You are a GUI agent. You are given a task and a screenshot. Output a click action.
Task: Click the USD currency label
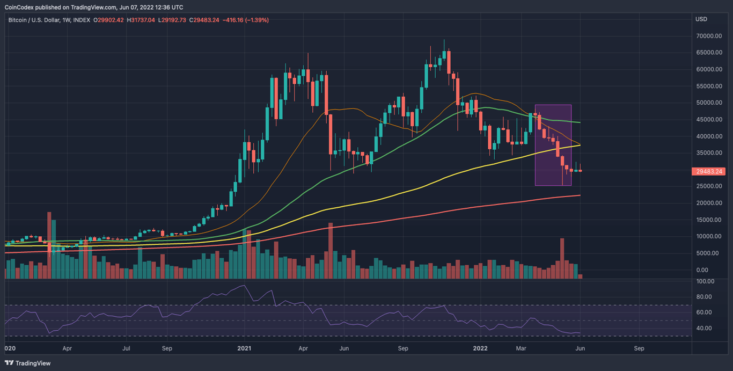click(701, 19)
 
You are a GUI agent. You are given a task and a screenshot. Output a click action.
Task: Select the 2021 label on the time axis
click(245, 348)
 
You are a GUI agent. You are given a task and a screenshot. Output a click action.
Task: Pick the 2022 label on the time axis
click(479, 348)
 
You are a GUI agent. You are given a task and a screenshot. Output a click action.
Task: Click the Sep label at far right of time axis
click(639, 348)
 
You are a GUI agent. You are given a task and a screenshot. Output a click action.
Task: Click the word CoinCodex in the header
click(20, 8)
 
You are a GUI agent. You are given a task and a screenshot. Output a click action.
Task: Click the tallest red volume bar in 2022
click(562, 258)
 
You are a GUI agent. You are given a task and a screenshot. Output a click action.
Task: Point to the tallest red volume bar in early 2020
click(49, 244)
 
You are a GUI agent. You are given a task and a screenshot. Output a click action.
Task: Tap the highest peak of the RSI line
click(244, 286)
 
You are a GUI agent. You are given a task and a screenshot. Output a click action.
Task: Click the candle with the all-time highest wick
click(444, 54)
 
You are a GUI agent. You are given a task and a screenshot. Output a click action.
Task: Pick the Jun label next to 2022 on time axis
click(580, 348)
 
